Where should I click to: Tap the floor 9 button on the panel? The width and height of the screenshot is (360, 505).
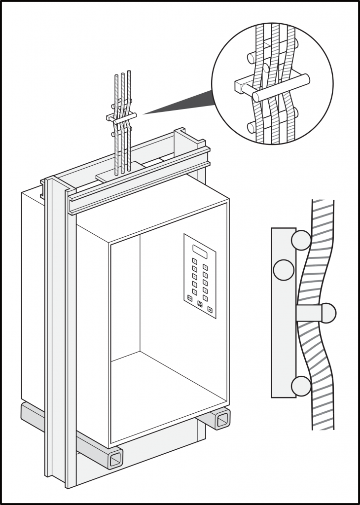tap(205, 267)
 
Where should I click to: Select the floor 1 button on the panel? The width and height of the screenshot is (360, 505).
tap(205, 298)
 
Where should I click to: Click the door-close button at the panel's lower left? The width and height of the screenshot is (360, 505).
tap(190, 298)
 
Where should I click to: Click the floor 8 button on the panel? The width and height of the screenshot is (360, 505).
tap(195, 261)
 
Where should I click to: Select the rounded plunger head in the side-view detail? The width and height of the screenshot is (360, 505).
tap(327, 313)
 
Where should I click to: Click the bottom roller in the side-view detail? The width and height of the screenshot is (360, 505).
tap(301, 386)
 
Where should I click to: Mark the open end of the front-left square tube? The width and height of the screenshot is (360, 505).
tap(115, 459)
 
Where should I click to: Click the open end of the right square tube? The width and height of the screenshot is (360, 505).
tap(223, 419)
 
